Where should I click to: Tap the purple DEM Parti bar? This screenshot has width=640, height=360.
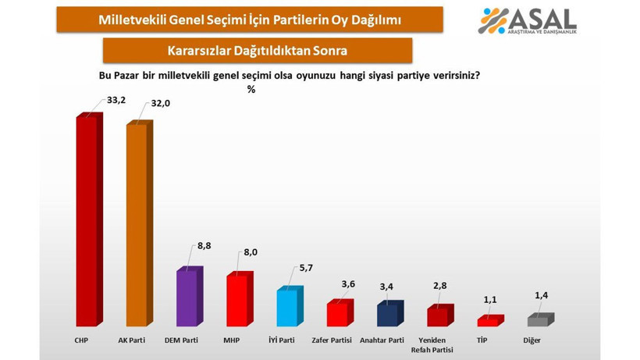(x=187, y=298)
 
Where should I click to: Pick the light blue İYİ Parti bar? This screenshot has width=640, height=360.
(x=287, y=308)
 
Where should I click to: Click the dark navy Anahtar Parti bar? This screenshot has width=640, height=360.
(x=387, y=315)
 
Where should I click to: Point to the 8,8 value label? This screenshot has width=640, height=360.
(x=204, y=246)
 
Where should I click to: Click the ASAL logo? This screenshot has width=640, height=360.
(x=528, y=20)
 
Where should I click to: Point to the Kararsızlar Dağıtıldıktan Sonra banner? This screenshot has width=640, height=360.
(x=257, y=51)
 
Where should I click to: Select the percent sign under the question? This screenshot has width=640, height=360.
(x=251, y=89)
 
